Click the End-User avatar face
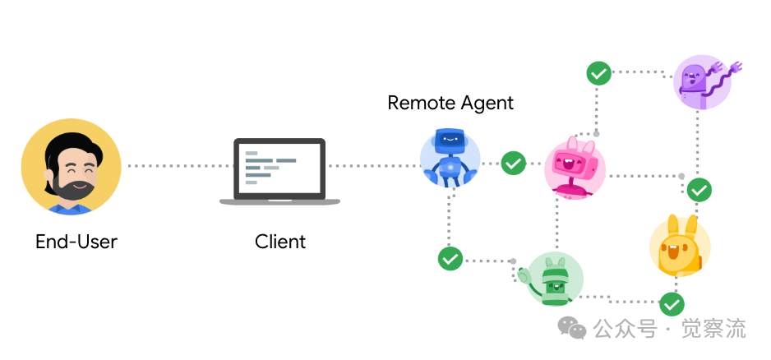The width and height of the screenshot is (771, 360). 71,165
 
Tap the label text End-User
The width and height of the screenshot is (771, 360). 76,242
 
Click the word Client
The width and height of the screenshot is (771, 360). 280,242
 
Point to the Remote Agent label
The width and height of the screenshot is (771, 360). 450,103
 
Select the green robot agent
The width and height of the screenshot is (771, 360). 555,279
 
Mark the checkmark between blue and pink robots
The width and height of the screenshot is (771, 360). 514,163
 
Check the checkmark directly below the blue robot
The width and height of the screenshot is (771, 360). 450,259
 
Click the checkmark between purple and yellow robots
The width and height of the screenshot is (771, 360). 699,190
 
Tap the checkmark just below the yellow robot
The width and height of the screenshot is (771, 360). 672,303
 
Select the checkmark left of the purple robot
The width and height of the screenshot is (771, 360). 598,73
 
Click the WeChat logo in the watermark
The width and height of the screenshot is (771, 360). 572,329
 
